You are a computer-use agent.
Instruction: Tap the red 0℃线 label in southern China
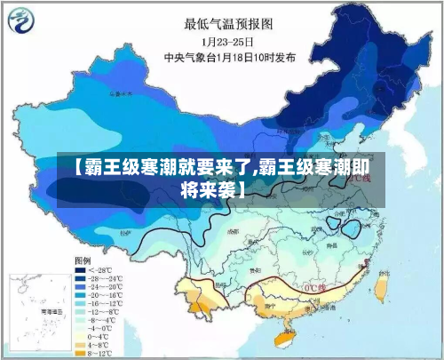(x=316, y=288)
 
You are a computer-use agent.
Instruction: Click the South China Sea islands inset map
(x=36, y=311)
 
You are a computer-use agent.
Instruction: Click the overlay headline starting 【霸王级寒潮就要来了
(x=222, y=177)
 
